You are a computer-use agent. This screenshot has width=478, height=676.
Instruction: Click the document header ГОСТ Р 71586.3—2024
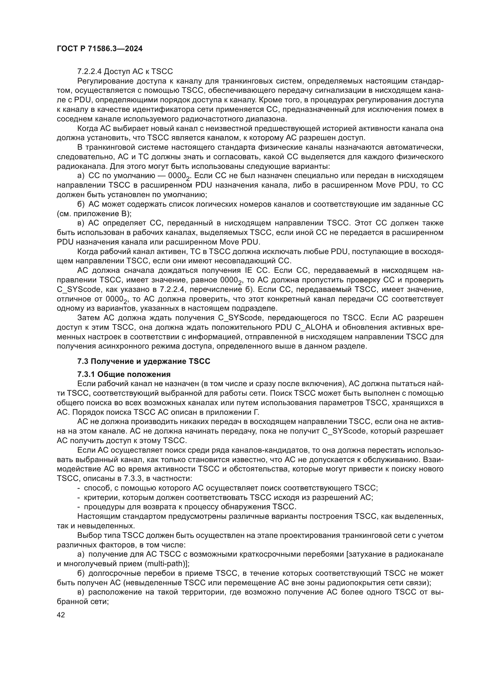point(99,49)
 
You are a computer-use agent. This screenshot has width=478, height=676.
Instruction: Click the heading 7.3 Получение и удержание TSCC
point(144,361)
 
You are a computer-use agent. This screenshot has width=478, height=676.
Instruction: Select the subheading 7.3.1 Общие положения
point(124,374)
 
